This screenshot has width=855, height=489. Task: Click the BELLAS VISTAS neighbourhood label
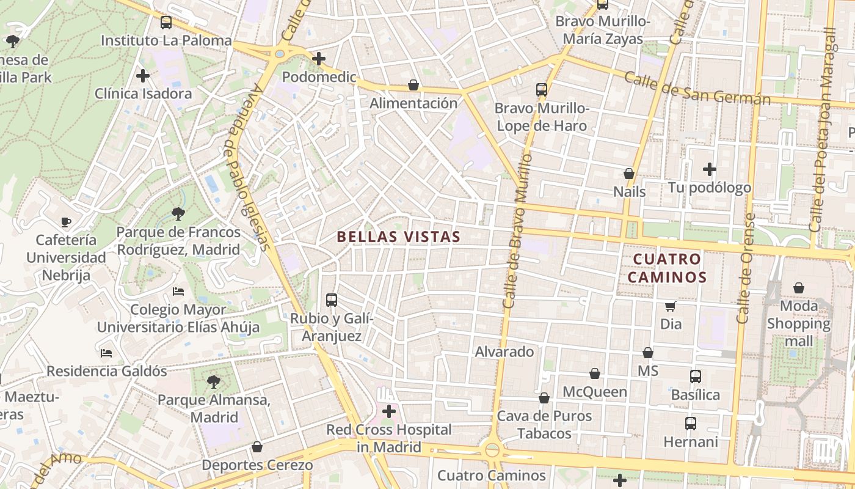(x=398, y=237)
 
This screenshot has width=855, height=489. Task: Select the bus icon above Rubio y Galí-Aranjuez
(x=332, y=300)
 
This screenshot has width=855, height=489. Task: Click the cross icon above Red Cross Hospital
(x=388, y=411)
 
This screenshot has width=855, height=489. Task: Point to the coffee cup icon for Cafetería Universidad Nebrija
(x=66, y=222)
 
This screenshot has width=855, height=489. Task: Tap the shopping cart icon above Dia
(x=671, y=306)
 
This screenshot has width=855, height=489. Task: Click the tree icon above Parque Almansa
(x=214, y=383)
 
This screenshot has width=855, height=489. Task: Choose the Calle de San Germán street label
(x=697, y=89)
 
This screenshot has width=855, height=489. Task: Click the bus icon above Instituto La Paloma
(x=166, y=23)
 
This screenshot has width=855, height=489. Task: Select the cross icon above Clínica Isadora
(x=143, y=76)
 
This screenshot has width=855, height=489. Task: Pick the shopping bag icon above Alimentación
(x=413, y=86)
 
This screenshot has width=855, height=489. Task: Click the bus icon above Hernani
(x=691, y=424)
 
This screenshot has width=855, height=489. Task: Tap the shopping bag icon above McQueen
(x=595, y=374)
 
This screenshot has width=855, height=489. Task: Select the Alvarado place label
(x=504, y=352)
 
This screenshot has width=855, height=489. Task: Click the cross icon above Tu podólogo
(x=709, y=169)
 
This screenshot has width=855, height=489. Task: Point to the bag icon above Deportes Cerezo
(x=257, y=447)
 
